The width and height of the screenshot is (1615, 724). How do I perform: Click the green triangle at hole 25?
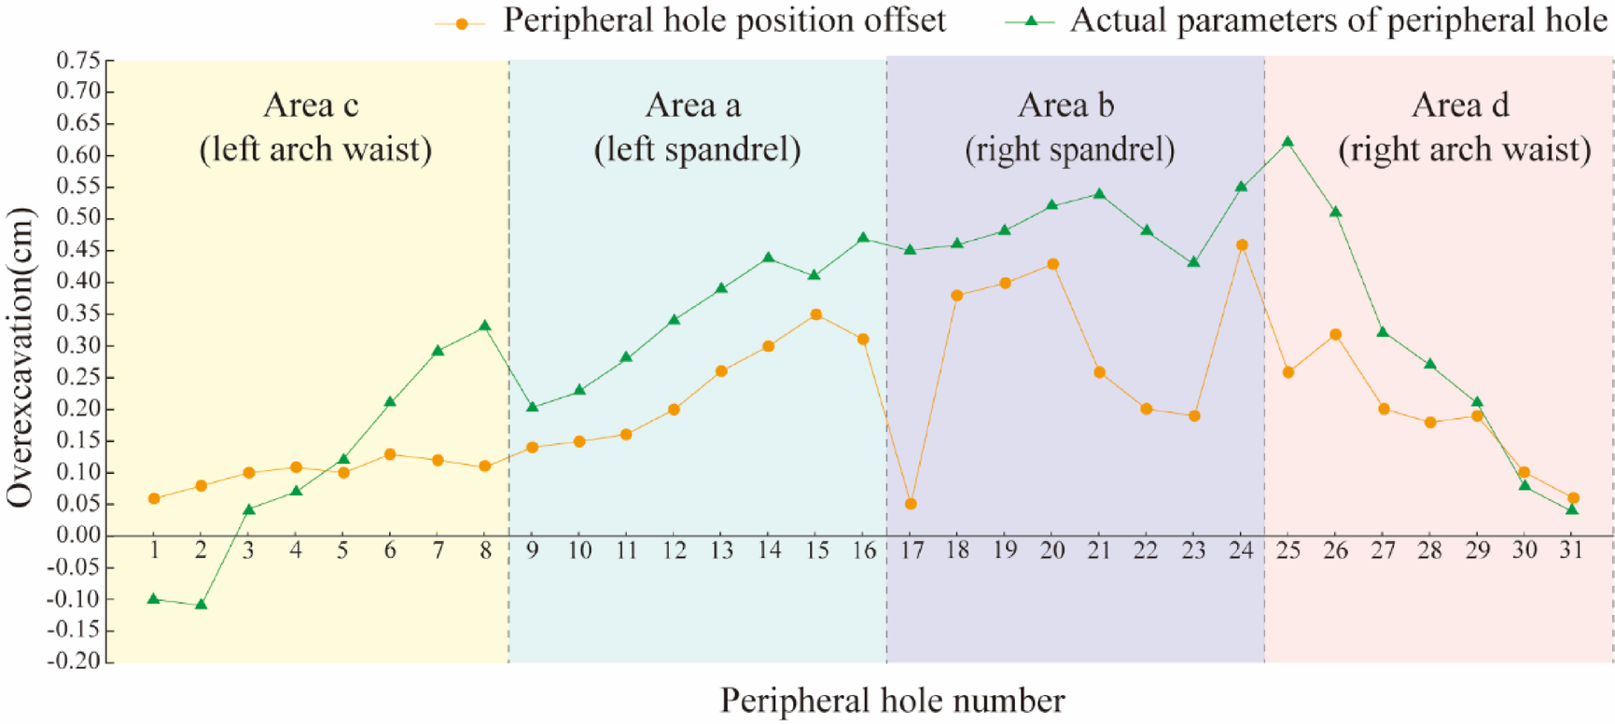1288,143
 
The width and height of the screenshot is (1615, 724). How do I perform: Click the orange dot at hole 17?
911,504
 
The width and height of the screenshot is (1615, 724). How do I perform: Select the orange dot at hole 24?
1241,245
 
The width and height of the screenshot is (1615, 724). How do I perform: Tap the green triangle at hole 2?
201,605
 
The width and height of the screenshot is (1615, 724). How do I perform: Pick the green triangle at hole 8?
484,327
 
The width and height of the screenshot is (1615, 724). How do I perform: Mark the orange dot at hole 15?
816,314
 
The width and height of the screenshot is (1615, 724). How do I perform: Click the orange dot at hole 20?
1052,264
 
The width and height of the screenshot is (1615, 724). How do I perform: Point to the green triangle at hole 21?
1099,194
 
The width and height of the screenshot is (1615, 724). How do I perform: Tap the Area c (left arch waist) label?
314,127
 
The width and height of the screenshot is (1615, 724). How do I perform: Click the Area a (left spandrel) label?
696,127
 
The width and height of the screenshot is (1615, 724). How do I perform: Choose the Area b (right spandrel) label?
1068,127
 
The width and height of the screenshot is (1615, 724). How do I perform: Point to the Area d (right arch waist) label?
1463,127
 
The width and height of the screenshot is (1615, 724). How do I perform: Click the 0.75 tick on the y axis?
78,61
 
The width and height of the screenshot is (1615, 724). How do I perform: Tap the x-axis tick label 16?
864,550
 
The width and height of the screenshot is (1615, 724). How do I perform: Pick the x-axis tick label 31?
1572,550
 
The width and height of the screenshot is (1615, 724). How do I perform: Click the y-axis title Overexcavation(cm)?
21,358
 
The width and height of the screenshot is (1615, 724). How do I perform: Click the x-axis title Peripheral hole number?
892,700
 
